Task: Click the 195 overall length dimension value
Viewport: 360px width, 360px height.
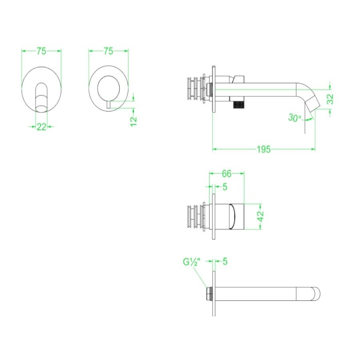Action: click(264, 149)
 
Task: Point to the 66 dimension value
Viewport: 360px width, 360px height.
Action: click(227, 174)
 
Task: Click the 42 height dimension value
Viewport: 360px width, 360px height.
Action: click(260, 216)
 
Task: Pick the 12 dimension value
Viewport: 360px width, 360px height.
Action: click(134, 119)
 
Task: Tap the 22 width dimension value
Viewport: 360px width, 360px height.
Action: click(42, 127)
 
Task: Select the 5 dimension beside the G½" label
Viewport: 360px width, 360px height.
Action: click(225, 262)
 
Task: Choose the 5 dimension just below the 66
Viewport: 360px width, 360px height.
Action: click(225, 186)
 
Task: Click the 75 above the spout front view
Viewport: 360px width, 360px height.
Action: click(42, 51)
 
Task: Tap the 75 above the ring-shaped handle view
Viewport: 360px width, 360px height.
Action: click(108, 51)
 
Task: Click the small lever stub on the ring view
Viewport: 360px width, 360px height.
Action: click(108, 104)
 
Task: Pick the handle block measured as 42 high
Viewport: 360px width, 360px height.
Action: click(233, 216)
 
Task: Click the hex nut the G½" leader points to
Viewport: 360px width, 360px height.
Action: click(208, 294)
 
